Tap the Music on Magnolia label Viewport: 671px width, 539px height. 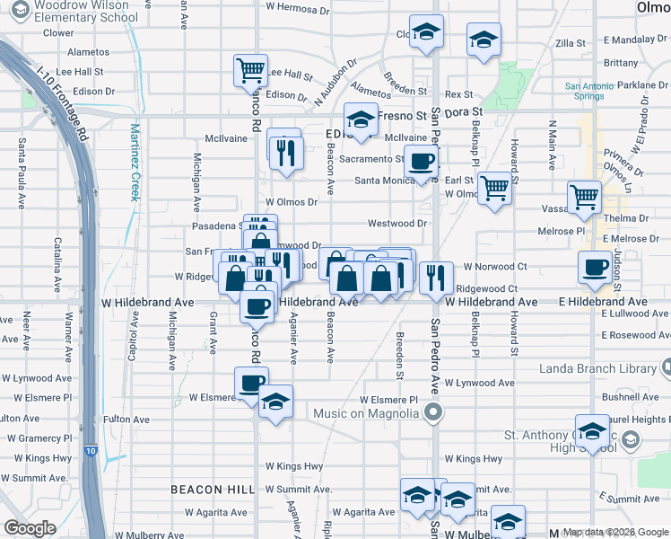(x=369, y=412)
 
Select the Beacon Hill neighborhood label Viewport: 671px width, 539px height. (x=213, y=489)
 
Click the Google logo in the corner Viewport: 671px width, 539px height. (x=30, y=528)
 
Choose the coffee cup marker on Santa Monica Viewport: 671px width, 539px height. (x=421, y=163)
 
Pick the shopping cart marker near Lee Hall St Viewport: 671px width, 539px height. (x=251, y=71)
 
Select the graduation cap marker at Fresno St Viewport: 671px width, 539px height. (x=361, y=120)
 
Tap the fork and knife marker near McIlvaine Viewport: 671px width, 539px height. (x=286, y=152)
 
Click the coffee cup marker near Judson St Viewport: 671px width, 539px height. (x=595, y=267)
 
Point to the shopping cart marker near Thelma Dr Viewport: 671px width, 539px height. (x=584, y=197)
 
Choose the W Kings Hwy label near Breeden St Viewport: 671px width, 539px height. (x=474, y=459)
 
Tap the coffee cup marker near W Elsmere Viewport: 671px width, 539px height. (x=251, y=384)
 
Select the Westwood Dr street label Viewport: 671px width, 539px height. (x=396, y=223)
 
